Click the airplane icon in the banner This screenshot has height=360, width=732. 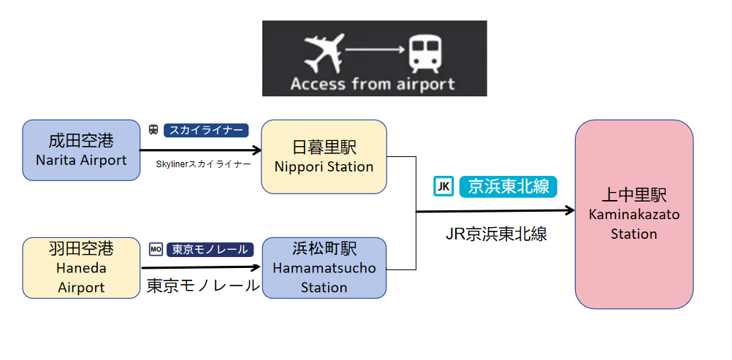(324, 53)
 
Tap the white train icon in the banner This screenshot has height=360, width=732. (424, 54)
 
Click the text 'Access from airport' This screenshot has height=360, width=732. (372, 85)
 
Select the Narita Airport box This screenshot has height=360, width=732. (81, 150)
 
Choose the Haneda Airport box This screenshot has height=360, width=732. (81, 267)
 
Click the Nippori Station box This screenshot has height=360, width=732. (324, 156)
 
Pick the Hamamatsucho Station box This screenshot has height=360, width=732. (324, 267)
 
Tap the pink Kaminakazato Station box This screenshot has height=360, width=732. (634, 214)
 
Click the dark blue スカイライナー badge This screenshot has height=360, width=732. (206, 130)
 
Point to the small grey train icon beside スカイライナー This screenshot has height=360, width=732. (153, 130)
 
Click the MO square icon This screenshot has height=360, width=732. (156, 249)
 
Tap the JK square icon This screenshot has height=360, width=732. (443, 187)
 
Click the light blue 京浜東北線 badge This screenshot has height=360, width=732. (508, 187)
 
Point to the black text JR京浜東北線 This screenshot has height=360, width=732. (496, 234)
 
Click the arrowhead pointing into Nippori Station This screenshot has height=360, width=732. (256, 150)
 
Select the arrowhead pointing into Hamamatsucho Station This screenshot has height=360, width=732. (256, 267)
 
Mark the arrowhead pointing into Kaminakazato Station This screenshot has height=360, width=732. (570, 210)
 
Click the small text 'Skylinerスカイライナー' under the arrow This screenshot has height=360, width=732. (204, 164)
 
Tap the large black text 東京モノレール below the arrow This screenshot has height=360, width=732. (203, 286)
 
